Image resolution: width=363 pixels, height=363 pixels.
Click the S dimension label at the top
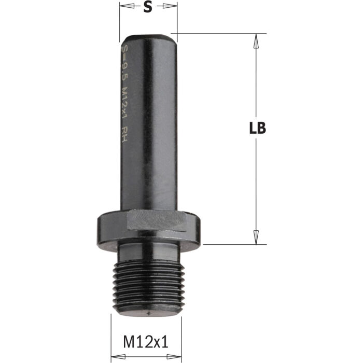pos(148,7)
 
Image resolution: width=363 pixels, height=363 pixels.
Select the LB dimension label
pos(257,129)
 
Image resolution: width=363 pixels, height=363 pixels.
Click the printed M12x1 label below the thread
pos(146,342)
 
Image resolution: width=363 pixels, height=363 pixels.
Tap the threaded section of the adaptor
pos(147,285)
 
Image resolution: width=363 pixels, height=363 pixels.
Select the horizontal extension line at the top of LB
pos(218,34)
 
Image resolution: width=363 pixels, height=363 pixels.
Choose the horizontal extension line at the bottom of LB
pos(228,244)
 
